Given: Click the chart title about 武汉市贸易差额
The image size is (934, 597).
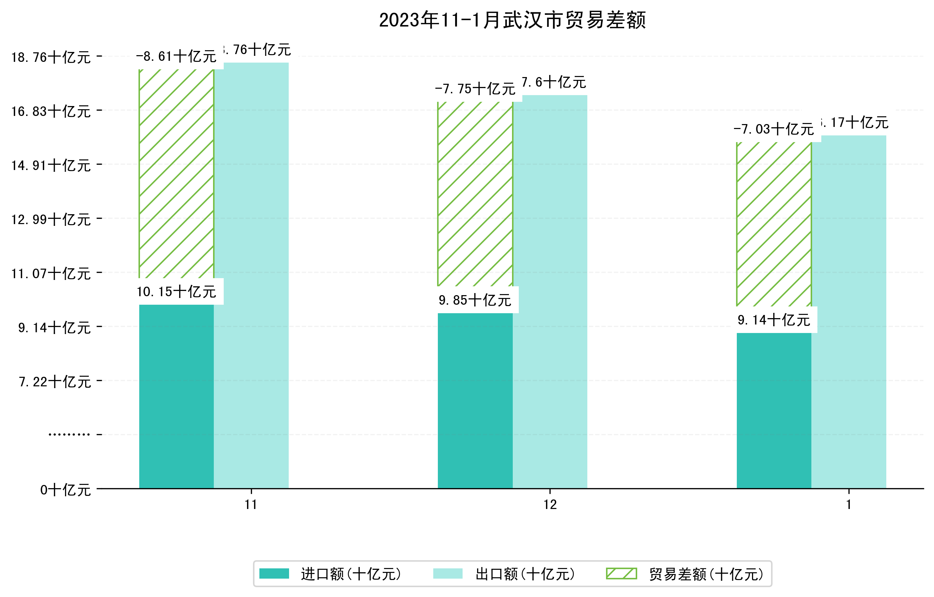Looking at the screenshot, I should click(x=512, y=20).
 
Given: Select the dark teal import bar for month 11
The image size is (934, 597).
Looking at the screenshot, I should click(x=176, y=396).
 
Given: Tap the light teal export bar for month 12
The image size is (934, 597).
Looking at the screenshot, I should click(x=550, y=291).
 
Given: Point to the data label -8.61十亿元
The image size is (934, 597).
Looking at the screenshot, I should click(x=176, y=57).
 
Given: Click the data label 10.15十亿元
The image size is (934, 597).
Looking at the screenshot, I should click(x=176, y=292).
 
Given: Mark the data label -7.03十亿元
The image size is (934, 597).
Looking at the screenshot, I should click(x=774, y=129).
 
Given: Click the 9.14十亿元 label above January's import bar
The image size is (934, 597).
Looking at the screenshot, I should click(x=774, y=320).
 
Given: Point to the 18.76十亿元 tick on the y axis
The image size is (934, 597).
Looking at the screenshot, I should click(x=51, y=57).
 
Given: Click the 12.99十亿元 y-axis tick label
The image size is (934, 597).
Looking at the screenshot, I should click(x=51, y=220).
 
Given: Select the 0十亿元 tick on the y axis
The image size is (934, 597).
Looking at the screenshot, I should click(x=65, y=490).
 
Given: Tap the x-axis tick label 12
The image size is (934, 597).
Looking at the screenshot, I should click(x=550, y=505).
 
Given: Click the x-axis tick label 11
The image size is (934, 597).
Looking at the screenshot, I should click(x=251, y=505).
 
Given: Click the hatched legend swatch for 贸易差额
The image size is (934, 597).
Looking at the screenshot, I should click(x=621, y=574).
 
